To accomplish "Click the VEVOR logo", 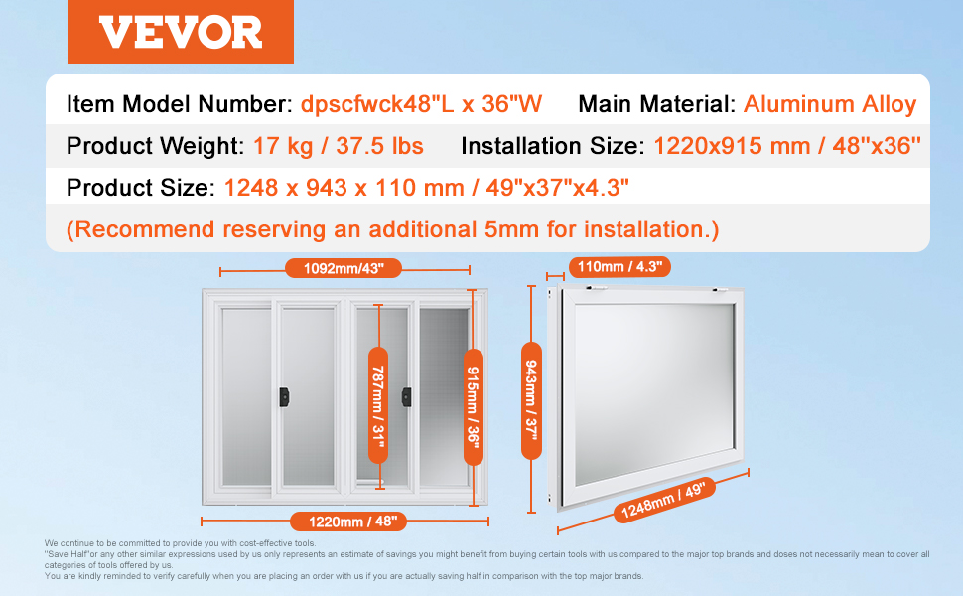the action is (181, 32).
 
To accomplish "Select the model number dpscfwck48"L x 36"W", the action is (421, 104).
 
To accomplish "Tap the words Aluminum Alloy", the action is (830, 104).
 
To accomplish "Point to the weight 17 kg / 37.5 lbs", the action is (339, 146).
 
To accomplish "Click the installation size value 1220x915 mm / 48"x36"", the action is (787, 146).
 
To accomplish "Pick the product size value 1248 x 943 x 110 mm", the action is (344, 188).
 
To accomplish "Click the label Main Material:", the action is (656, 104).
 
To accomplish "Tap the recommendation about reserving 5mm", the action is (392, 229).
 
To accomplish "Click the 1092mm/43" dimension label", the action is (344, 268).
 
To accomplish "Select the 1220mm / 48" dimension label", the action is (348, 521).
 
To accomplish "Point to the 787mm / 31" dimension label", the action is (378, 405).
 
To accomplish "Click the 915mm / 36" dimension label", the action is (473, 406).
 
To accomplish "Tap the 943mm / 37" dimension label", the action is (531, 400).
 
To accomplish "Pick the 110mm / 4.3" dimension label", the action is (619, 266).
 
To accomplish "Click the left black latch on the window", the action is (284, 397).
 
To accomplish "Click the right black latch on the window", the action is (407, 397).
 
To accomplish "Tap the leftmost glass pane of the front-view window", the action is (245, 396).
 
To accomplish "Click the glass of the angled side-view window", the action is (654, 392).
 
